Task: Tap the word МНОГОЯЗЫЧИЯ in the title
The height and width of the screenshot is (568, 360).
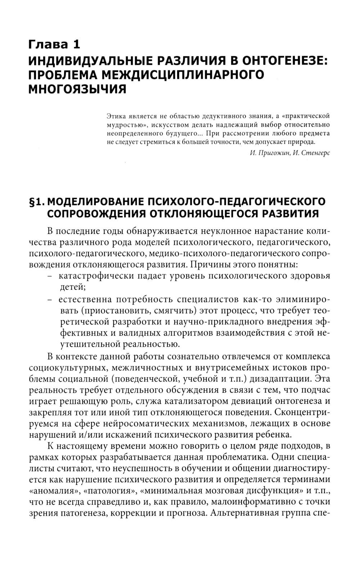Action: pyautogui.click(x=77, y=89)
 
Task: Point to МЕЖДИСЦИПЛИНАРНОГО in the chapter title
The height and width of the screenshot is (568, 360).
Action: pyautogui.click(x=183, y=75)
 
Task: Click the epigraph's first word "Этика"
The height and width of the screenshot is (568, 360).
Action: pyautogui.click(x=116, y=116)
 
